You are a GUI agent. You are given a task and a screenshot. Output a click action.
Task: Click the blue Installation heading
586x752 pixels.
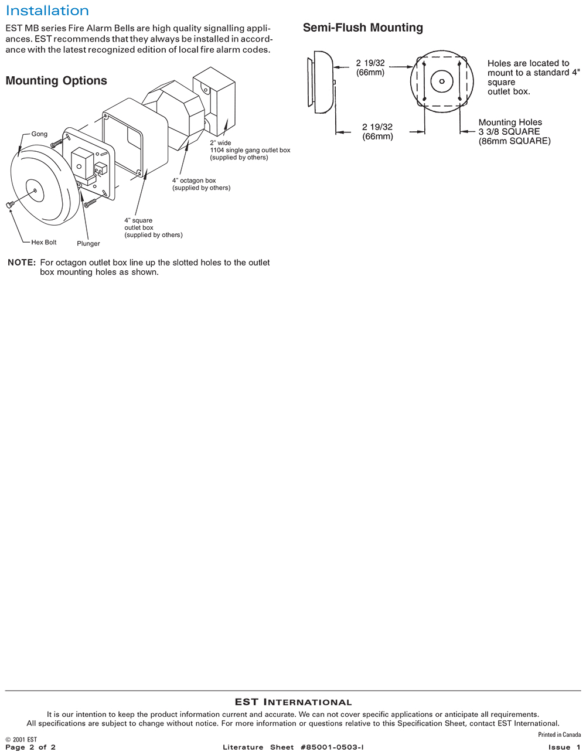tap(47, 11)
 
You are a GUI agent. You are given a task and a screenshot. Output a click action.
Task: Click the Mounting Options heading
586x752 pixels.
tap(56, 81)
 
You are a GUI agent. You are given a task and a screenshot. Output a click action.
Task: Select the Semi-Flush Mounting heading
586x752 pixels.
tap(363, 28)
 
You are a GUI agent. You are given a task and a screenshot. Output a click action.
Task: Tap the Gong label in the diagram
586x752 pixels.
tap(39, 134)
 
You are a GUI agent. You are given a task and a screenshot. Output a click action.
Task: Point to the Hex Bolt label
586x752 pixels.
tap(43, 242)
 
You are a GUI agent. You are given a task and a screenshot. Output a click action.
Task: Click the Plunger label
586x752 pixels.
tap(88, 244)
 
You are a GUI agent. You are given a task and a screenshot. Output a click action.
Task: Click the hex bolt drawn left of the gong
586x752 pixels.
tap(9, 205)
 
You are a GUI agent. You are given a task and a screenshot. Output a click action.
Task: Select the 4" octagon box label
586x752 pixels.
tap(202, 184)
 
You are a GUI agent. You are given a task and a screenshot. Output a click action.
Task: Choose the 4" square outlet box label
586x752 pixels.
tap(154, 228)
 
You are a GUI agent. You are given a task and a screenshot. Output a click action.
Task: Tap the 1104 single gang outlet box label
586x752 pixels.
tap(250, 150)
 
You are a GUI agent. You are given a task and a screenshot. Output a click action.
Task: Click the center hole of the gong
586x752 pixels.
tap(35, 190)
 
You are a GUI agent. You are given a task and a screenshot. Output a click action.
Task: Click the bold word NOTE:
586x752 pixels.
tap(22, 263)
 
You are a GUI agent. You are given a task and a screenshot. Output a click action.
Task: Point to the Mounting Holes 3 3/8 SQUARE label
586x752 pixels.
tap(515, 132)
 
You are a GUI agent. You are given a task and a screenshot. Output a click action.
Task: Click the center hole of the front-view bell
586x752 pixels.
tap(442, 81)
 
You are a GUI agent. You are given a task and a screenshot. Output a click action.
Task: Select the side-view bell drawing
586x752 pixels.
tap(321, 82)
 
